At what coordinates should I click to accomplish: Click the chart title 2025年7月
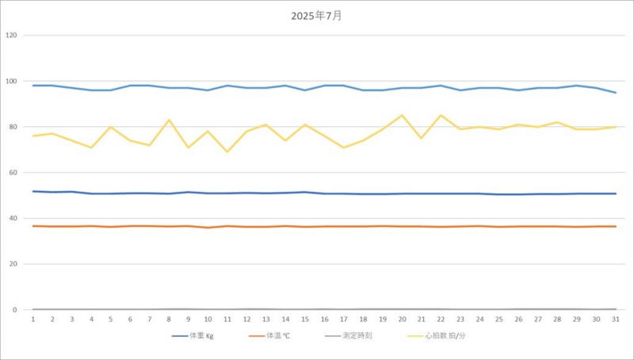coord(316,15)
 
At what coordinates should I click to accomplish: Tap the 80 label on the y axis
coord(12,127)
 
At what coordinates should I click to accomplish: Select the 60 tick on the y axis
coord(12,173)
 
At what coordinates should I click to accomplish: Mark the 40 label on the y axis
coord(12,219)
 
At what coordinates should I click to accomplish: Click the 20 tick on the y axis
coord(12,264)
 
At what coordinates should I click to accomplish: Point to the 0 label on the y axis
coord(13,310)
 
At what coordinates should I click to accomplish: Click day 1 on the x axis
coord(32,319)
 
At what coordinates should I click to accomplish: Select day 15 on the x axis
coord(304,319)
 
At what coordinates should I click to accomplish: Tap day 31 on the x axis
coord(615,319)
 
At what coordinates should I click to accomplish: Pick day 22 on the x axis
coord(441,319)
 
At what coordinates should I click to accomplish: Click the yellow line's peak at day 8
coord(169,120)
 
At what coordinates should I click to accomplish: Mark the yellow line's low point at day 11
coord(227,151)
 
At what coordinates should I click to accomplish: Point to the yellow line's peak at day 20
coord(402,115)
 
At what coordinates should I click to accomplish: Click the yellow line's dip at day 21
coord(421,138)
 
